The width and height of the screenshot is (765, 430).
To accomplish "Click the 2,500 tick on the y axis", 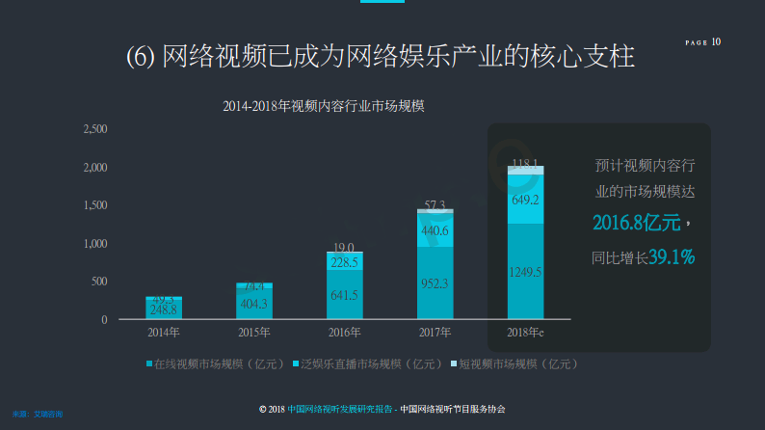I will click(x=96, y=129).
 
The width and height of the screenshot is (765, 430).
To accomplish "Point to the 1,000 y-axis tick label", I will click(x=96, y=243).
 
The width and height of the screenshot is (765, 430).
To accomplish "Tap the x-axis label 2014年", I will click(x=164, y=333).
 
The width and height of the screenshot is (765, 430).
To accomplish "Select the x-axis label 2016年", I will click(x=345, y=333).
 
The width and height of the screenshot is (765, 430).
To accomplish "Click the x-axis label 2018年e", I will click(x=526, y=333).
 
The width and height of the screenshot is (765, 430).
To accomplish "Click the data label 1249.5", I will click(x=525, y=273).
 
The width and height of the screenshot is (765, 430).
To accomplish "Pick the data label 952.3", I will click(x=435, y=284).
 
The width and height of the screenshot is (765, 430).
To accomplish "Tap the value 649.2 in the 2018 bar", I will click(x=525, y=201).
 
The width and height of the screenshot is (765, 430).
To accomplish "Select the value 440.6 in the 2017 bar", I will click(x=435, y=230).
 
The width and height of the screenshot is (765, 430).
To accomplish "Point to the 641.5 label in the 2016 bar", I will click(x=344, y=296).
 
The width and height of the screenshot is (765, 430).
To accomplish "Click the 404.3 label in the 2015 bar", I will click(x=253, y=304).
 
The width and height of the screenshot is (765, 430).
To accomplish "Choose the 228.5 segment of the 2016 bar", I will click(x=344, y=262).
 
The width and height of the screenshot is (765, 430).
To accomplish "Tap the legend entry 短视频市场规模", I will click(x=518, y=363).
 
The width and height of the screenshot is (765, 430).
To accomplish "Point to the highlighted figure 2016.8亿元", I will click(x=636, y=224).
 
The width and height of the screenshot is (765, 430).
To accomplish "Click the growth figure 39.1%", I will click(x=672, y=256).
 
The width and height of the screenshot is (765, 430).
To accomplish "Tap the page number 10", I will click(x=716, y=41).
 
